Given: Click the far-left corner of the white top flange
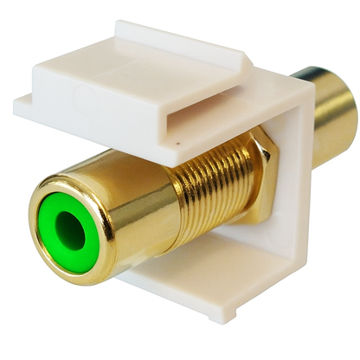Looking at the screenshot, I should [16, 107].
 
